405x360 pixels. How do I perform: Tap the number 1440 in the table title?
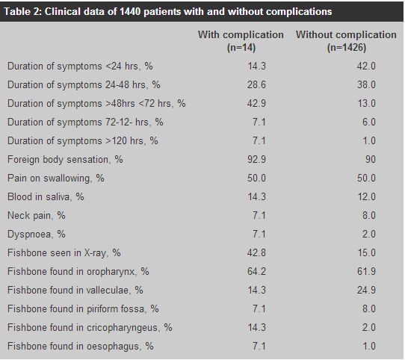130,12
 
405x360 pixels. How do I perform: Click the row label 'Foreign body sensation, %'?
65,160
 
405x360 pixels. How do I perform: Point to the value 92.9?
256,159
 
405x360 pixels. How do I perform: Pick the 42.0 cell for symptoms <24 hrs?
366,66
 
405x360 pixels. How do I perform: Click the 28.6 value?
256,84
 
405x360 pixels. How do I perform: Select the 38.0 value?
366,84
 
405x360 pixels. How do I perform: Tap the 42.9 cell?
256,103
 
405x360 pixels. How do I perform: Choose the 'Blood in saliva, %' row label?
46,197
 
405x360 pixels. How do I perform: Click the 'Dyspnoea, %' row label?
37,235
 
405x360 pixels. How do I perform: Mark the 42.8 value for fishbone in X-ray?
256,253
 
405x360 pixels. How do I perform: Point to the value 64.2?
256,271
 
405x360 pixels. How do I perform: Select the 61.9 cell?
366,271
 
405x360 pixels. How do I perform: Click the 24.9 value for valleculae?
366,291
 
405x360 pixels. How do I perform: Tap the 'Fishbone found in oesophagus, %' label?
81,347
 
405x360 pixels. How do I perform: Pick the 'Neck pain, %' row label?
37,216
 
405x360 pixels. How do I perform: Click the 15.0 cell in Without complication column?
367,253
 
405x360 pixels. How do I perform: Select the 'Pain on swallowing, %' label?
56,179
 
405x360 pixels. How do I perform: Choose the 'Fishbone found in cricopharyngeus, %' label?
90,328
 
